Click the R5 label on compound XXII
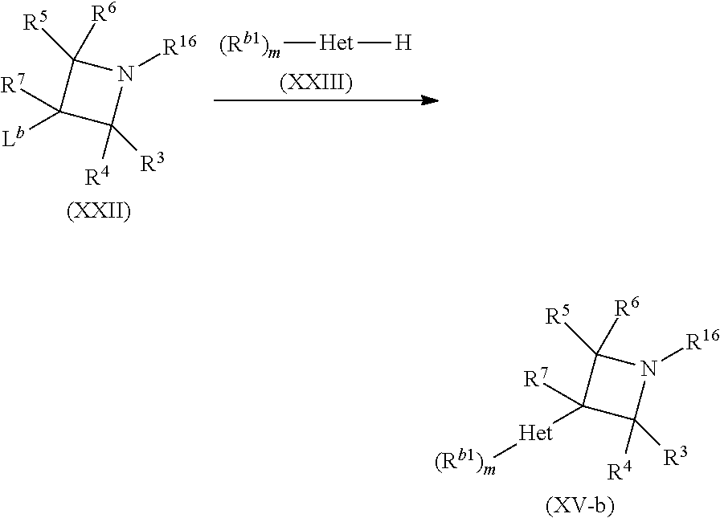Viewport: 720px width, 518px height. (34, 23)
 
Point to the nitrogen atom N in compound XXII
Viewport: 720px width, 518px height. (124, 75)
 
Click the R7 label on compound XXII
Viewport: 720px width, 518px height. (12, 84)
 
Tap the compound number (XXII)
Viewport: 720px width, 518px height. (99, 214)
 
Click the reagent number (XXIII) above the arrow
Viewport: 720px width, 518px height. (327, 83)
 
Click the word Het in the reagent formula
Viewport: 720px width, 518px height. (337, 43)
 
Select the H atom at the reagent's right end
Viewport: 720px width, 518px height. (403, 43)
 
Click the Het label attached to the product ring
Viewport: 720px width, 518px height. (535, 434)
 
